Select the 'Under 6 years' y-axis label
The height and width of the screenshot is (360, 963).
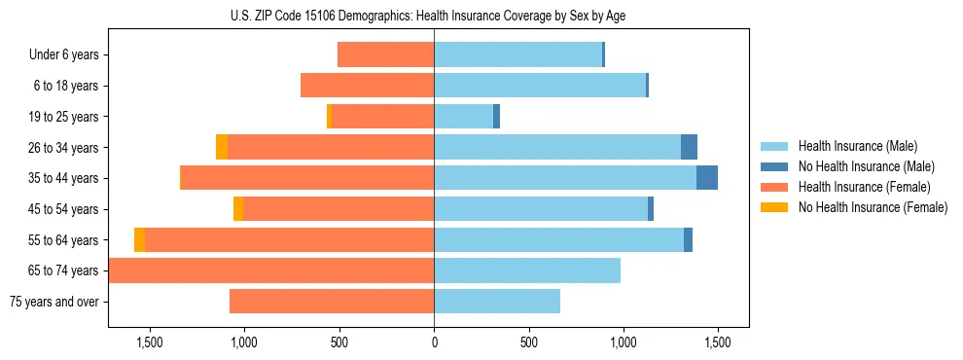click(x=64, y=54)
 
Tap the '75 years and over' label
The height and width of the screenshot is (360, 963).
click(x=53, y=302)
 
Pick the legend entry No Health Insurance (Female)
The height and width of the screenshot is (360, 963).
click(x=873, y=207)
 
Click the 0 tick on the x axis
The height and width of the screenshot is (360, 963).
click(x=434, y=342)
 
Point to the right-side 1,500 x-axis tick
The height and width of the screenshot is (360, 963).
click(x=717, y=342)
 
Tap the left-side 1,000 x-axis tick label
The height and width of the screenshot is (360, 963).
click(x=243, y=342)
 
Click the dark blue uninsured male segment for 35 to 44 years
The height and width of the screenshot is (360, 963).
click(x=707, y=178)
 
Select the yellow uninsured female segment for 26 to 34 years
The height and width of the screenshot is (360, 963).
click(x=222, y=147)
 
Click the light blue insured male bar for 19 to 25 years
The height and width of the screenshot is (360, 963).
click(x=463, y=117)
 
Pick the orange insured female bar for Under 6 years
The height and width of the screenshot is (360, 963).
click(x=385, y=54)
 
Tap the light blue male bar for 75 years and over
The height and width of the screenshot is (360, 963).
click(x=497, y=302)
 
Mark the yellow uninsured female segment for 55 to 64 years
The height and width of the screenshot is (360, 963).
click(x=139, y=239)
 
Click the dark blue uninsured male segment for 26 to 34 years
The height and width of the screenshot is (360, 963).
click(x=689, y=147)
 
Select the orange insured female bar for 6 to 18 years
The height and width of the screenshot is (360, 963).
click(x=367, y=86)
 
